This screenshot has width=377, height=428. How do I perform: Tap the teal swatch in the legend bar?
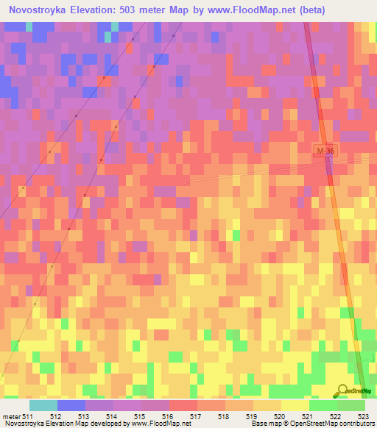pos(43,405)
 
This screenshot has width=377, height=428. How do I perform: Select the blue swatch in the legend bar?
pos(71,405)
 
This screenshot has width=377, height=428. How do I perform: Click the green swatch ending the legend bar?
pos(351,405)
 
